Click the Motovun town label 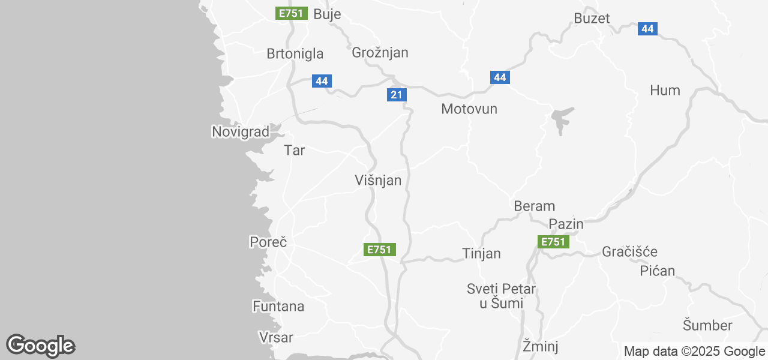[x=469, y=109]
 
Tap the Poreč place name [x=268, y=242]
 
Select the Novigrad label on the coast [x=241, y=131]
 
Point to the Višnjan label [x=378, y=180]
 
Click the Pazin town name [x=566, y=224]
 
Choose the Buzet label [x=592, y=18]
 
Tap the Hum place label [x=665, y=91]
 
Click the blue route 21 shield [x=397, y=95]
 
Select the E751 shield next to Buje [x=292, y=13]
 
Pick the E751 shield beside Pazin [x=553, y=242]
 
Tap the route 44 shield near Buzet [x=647, y=28]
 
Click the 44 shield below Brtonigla [x=322, y=81]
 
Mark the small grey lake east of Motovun [x=561, y=121]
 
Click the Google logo [x=40, y=346]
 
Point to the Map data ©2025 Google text [x=694, y=352]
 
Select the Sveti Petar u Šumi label [x=502, y=296]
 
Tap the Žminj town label [x=541, y=346]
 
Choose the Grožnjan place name [x=380, y=53]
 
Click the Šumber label [x=707, y=326]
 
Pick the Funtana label [x=278, y=307]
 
